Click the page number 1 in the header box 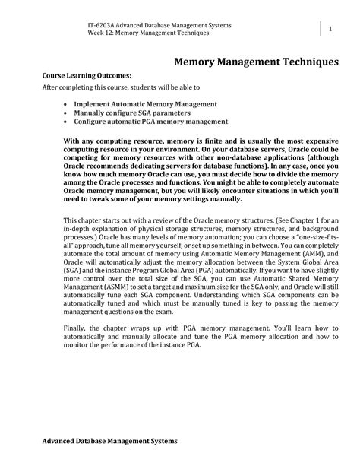(330, 29)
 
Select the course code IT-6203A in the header (103, 26)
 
